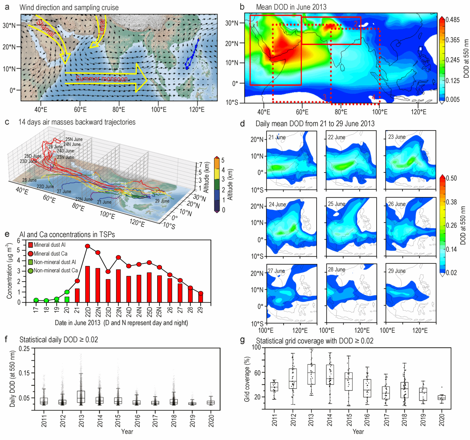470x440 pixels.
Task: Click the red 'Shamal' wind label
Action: coord(46,29)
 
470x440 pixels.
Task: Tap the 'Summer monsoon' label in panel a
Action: coord(102,79)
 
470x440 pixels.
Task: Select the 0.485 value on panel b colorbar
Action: coord(453,20)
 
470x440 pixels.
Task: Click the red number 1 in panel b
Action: coord(256,24)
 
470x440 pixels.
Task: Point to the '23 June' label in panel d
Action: coord(397,137)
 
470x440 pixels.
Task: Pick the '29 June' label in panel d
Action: coord(397,271)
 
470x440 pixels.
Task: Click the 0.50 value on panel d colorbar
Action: coord(451,178)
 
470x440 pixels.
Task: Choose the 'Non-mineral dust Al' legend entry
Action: coord(54,262)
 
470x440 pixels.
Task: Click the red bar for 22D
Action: coord(88,284)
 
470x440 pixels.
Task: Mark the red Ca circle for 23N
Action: coord(119,257)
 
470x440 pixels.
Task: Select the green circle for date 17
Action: coord(36,300)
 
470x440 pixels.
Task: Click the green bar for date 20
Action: coord(67,299)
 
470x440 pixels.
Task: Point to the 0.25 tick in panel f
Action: coord(24,348)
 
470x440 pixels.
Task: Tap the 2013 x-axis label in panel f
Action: coord(82,420)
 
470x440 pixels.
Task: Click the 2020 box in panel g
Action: coord(441,397)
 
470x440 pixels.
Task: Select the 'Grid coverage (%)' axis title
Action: coord(247,379)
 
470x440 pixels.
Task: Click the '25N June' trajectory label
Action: coord(74,139)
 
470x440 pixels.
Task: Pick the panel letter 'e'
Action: coord(7,234)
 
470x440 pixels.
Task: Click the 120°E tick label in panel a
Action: coord(197,109)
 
